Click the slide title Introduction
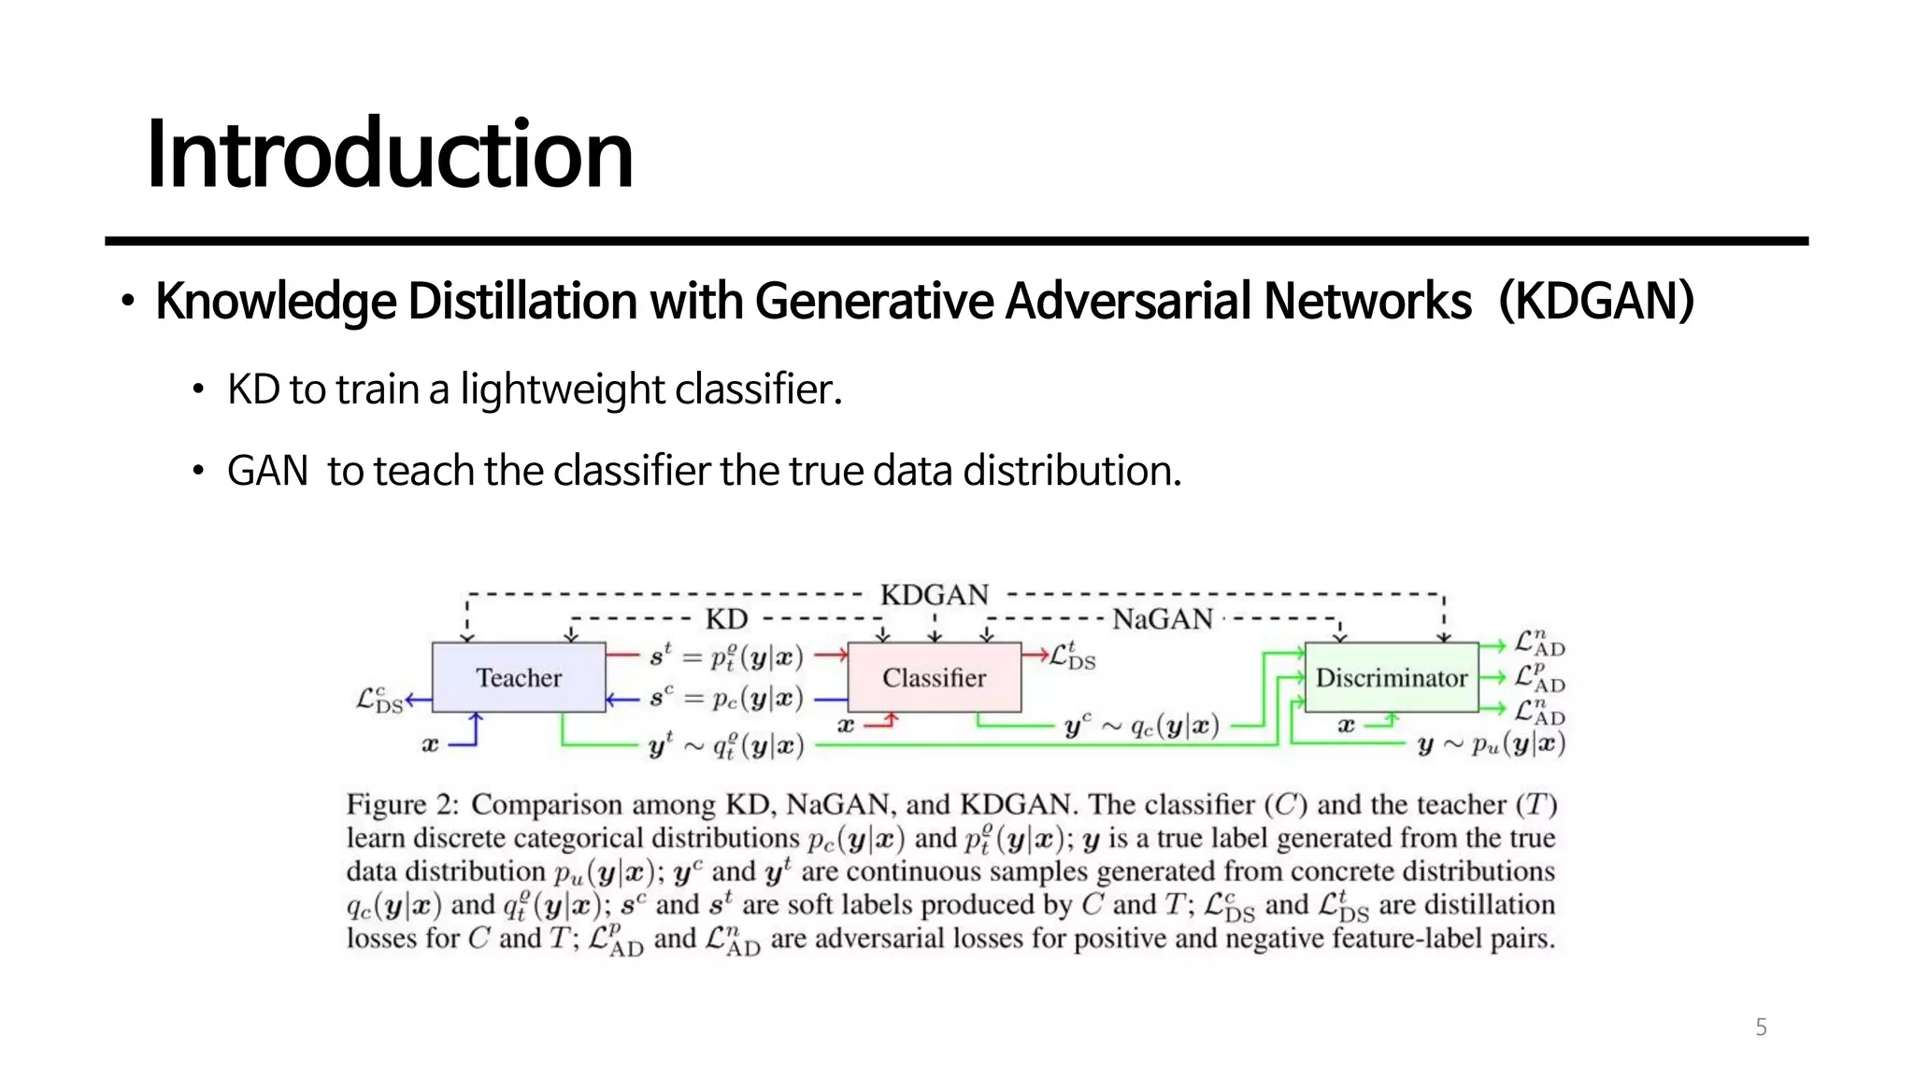coord(390,154)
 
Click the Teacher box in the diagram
coord(519,677)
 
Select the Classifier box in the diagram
coord(934,677)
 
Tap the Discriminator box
coord(1391,677)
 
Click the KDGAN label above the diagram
coord(934,595)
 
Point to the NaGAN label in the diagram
coord(1162,619)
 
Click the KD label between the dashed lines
coord(726,619)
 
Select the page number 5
coord(1761,1027)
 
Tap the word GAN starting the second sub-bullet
coord(267,471)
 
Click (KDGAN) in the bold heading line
coord(1596,302)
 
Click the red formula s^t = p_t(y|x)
coord(726,657)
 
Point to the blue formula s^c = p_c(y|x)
coord(726,698)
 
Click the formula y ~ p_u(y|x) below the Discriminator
coord(1491,744)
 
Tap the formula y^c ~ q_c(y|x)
coord(1141,726)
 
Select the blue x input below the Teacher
coord(430,744)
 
